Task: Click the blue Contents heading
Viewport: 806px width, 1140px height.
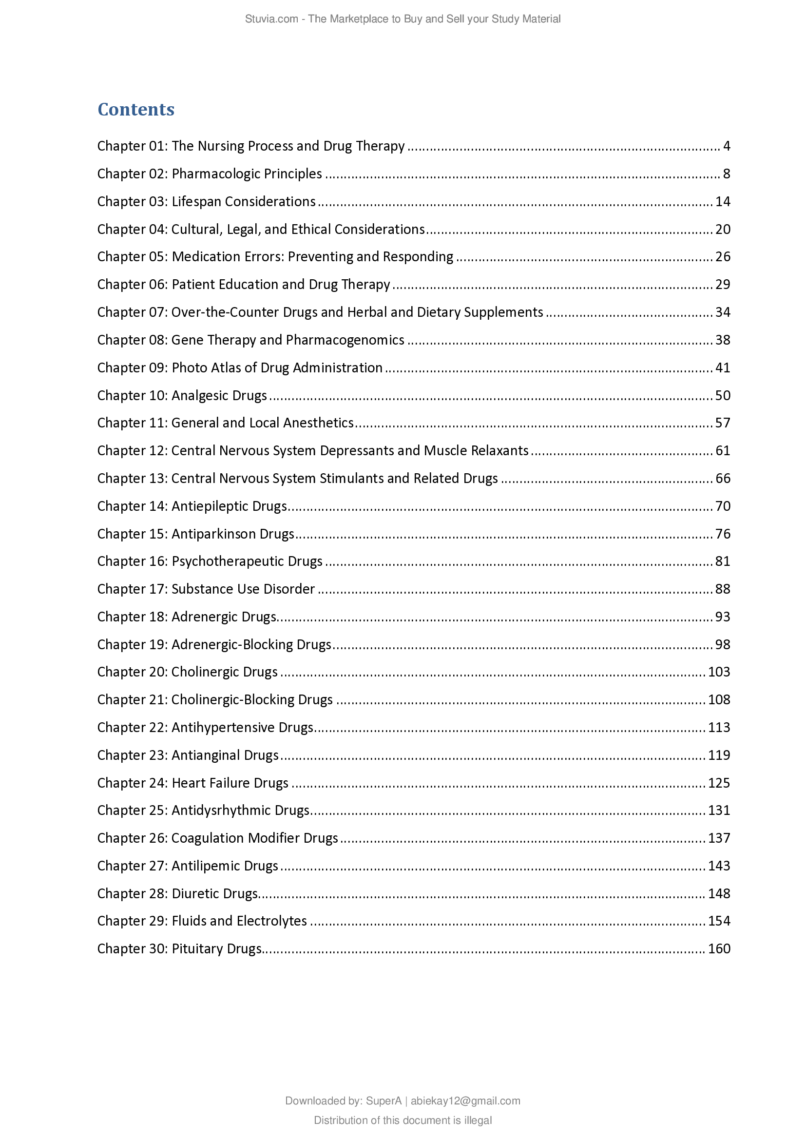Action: click(136, 109)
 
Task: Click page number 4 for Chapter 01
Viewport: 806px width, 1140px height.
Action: click(727, 146)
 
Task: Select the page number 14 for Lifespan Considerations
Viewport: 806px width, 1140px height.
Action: click(723, 202)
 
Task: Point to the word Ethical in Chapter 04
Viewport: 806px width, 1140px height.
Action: click(311, 230)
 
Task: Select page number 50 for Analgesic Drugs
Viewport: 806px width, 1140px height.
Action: click(723, 396)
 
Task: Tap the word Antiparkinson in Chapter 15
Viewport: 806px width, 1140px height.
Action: click(213, 534)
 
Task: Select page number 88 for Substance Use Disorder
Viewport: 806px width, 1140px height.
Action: click(723, 589)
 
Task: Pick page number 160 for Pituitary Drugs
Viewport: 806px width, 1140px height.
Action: click(719, 949)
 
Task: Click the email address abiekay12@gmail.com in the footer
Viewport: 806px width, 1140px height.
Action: click(465, 1101)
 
